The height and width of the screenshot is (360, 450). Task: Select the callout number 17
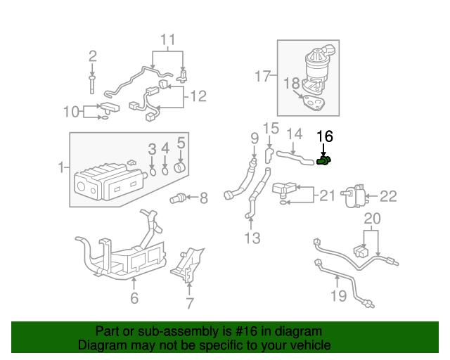tap(262, 76)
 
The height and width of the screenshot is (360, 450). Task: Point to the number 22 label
tap(389, 196)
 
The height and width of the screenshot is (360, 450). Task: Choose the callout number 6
tap(134, 298)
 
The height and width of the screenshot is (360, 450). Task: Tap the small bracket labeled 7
tap(189, 304)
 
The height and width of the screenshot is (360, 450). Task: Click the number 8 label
tap(203, 199)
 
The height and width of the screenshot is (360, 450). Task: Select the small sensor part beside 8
tap(179, 198)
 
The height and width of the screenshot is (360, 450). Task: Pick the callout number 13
tap(252, 239)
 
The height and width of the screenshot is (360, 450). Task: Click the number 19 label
tap(339, 295)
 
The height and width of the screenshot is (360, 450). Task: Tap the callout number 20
tap(372, 219)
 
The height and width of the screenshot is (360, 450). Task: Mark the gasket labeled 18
tap(311, 103)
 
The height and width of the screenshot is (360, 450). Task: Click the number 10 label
tap(72, 111)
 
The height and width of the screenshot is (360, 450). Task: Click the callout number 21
tap(327, 195)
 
